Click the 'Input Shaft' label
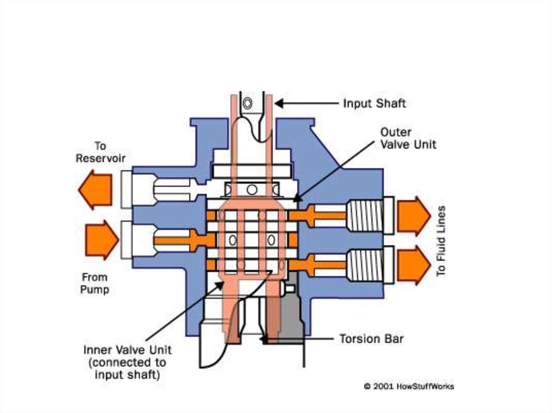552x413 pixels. (x=374, y=103)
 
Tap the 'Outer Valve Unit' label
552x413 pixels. (x=408, y=138)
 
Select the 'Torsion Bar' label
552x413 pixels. (x=371, y=339)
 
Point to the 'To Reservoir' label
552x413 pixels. (x=100, y=152)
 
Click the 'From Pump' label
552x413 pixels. (x=95, y=283)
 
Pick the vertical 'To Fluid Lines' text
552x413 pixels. (x=441, y=241)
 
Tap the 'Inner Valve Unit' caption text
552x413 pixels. (x=127, y=362)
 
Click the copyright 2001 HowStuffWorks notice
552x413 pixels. (x=409, y=386)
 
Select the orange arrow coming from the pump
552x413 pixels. (x=101, y=240)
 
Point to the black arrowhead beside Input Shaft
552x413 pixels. (x=280, y=103)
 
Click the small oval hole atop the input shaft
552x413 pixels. (x=247, y=103)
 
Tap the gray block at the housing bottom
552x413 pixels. (x=292, y=315)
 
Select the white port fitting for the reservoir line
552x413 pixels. (x=127, y=189)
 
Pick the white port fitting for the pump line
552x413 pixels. (x=127, y=240)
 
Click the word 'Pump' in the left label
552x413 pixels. (x=95, y=290)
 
